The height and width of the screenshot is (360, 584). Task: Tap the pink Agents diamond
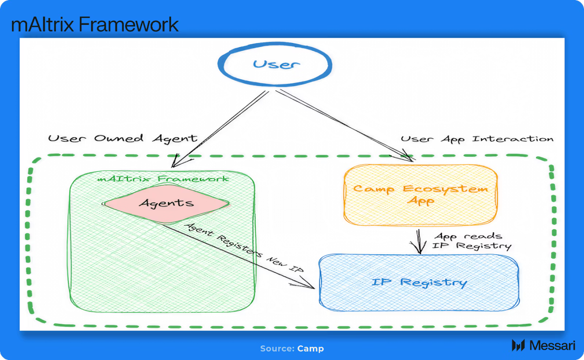[166, 204]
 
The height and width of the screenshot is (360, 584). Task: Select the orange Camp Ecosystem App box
[420, 195]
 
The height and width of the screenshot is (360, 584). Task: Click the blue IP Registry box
[419, 282]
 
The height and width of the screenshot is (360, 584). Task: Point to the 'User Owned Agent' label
[122, 138]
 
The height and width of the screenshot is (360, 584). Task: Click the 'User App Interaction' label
[477, 139]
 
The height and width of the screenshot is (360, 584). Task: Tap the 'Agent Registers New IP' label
[244, 248]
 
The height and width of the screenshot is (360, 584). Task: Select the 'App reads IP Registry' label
[472, 241]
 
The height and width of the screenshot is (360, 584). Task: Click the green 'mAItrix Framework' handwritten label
[163, 179]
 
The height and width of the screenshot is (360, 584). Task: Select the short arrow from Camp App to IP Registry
[419, 241]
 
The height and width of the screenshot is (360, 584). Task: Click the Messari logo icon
[518, 345]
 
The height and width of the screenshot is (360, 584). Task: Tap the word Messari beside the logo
[552, 345]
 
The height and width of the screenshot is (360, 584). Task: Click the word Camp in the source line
[311, 349]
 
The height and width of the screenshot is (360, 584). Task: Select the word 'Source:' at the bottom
[277, 349]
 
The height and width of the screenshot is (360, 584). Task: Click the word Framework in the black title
[128, 24]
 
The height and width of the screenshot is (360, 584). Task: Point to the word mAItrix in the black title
[43, 24]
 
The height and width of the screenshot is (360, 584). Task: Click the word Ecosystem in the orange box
[445, 189]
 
